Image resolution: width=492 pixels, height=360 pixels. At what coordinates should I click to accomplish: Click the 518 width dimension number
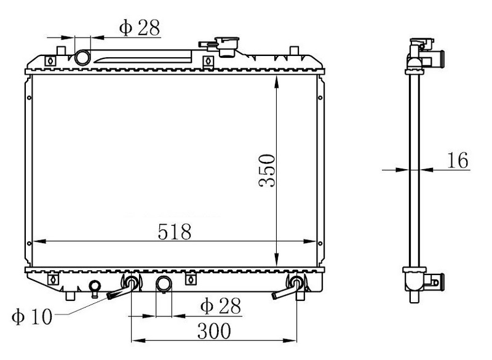click(175, 231)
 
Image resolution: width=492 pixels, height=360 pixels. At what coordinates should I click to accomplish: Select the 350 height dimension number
click(267, 170)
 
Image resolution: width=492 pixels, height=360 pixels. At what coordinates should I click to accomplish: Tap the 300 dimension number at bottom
click(214, 331)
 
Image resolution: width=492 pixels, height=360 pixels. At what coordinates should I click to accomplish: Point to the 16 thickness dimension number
click(458, 160)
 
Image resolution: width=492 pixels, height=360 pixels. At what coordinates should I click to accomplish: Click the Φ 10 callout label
click(32, 316)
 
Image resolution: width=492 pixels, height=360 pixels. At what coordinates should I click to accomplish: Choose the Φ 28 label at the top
click(140, 27)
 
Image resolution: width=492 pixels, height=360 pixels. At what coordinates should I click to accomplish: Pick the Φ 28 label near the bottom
click(221, 305)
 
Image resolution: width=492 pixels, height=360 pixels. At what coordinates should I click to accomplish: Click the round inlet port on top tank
click(82, 58)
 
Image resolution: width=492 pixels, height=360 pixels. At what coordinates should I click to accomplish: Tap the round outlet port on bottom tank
click(164, 284)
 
